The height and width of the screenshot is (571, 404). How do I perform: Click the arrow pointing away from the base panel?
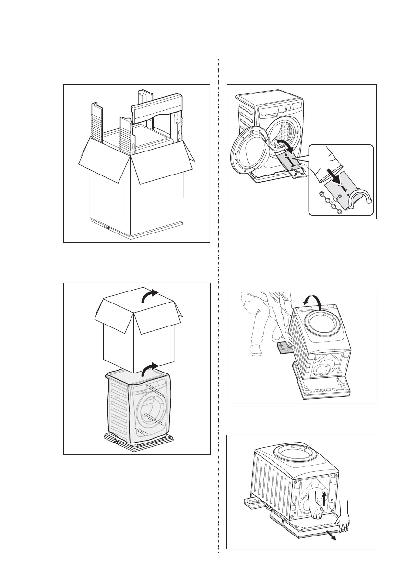tap(331, 536)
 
